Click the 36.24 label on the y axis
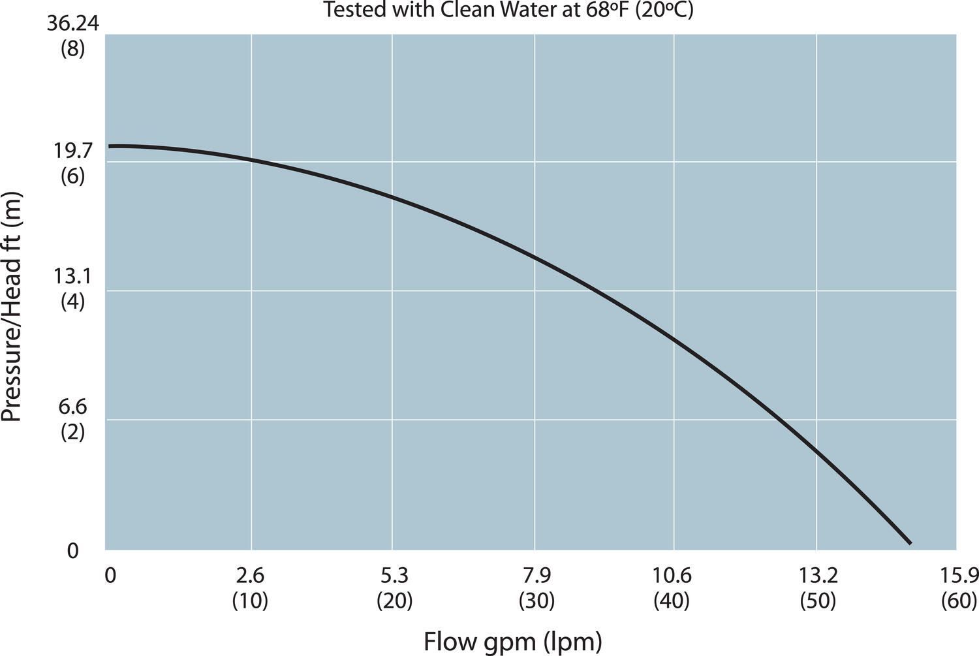click(72, 24)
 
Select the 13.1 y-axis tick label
click(72, 277)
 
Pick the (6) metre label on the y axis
click(72, 176)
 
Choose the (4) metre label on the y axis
click(72, 302)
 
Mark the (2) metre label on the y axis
click(72, 432)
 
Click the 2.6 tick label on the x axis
click(250, 575)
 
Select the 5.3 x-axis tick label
click(394, 575)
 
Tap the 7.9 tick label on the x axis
click(536, 575)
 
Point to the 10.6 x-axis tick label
click(672, 575)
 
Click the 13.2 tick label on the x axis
click(818, 575)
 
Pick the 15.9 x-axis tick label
click(959, 575)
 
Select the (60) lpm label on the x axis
click(959, 601)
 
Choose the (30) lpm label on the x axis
click(536, 601)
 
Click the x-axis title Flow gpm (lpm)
click(513, 641)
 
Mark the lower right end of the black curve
click(909, 542)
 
